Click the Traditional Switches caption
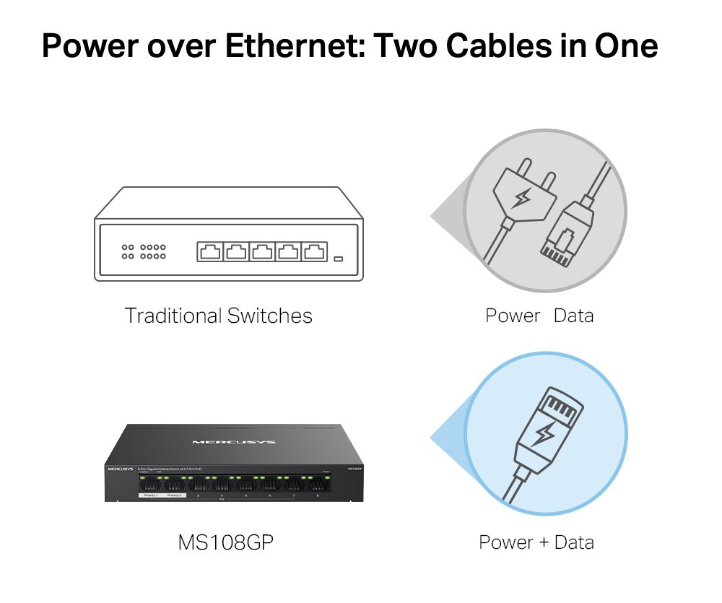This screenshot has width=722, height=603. [x=218, y=316]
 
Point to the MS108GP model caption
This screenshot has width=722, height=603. [x=226, y=542]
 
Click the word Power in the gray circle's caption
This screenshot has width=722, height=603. [x=513, y=316]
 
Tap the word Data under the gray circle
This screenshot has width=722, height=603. [x=573, y=316]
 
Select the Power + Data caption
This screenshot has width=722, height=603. [x=536, y=542]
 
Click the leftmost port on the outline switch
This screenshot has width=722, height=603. [x=209, y=252]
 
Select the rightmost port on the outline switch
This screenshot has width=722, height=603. [x=314, y=252]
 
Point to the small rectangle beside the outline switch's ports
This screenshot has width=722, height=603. [x=338, y=258]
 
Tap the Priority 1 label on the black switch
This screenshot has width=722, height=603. [x=150, y=496]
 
